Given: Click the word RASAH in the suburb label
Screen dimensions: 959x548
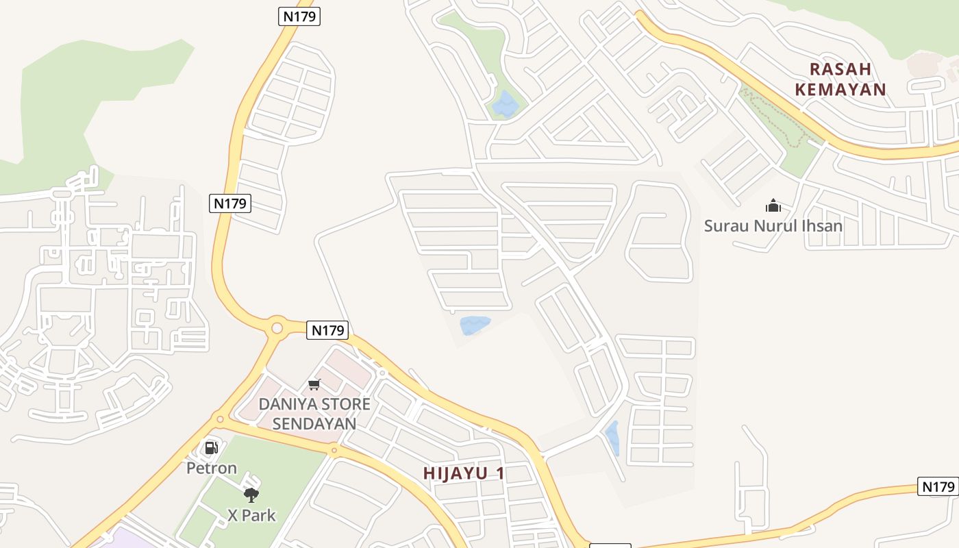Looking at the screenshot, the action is (840, 69).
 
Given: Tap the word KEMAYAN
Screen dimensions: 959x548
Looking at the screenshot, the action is (840, 89).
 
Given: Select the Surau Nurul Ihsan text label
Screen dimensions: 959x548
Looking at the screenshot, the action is (773, 225).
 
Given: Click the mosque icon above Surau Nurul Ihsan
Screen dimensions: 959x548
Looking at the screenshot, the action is (773, 206).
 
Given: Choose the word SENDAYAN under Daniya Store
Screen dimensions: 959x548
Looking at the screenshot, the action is (314, 424).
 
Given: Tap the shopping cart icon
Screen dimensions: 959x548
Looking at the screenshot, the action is (314, 384).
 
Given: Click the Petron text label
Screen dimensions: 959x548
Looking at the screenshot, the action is (212, 469).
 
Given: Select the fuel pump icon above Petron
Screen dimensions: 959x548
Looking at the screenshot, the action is (212, 448).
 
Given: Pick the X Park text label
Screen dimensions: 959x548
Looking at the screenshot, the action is (251, 514).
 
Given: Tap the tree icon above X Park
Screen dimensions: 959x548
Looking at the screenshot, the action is (251, 495).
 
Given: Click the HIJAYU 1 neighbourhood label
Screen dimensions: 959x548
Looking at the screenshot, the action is (464, 473).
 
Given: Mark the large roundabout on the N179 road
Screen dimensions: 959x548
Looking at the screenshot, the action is (277, 328).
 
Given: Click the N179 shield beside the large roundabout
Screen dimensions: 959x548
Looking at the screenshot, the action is (328, 330).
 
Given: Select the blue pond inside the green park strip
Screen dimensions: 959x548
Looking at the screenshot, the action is (505, 103).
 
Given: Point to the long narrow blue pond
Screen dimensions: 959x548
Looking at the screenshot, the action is (612, 438).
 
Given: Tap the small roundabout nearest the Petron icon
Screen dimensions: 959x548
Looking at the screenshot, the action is (220, 419).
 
